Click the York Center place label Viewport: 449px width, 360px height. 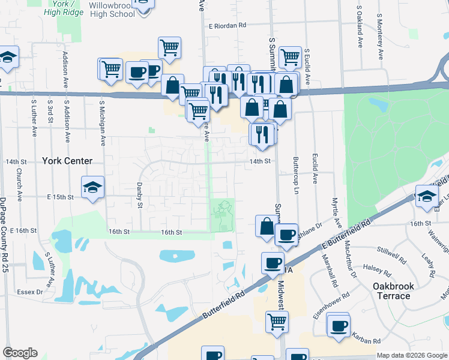[67, 161]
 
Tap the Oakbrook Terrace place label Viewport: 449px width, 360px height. [399, 291]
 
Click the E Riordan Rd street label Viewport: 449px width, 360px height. [228, 26]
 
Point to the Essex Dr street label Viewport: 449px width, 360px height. [31, 292]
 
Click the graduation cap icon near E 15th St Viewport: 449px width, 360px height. [93, 187]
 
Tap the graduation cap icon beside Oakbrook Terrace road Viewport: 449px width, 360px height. [427, 196]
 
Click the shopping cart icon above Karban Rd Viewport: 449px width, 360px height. [277, 321]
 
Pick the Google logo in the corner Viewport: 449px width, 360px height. [20, 353]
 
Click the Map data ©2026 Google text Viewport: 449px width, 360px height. [411, 355]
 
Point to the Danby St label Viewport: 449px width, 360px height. [139, 196]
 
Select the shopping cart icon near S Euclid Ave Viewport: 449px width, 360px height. [290, 57]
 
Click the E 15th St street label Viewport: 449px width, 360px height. [60, 197]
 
